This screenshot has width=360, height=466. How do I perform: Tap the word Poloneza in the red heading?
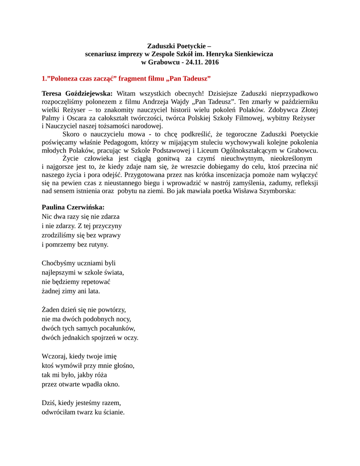pyautogui.click(x=68, y=79)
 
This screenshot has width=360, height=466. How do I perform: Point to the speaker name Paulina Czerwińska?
pyautogui.click(x=73, y=207)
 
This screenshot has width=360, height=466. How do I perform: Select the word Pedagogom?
pyautogui.click(x=129, y=143)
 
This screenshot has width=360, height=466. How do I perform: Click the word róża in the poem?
pyautogui.click(x=98, y=375)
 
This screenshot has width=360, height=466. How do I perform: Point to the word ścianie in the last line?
pyautogui.click(x=112, y=412)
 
